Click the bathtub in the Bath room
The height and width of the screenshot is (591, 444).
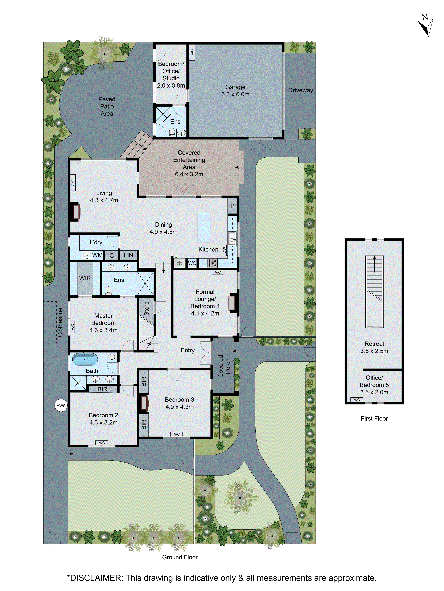click(85, 359)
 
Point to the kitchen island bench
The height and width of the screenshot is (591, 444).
click(204, 227)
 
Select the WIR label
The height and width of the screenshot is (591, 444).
click(85, 278)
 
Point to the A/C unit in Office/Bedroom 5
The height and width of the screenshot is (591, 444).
click(357, 400)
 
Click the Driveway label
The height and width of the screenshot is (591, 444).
click(301, 90)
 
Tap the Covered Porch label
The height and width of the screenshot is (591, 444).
click(224, 366)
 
